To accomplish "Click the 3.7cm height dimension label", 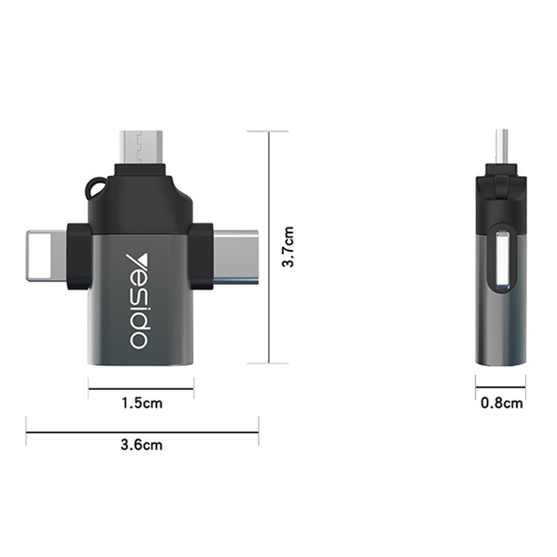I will [290, 247].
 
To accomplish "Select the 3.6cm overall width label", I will [141, 446].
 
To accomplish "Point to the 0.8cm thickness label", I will [501, 403].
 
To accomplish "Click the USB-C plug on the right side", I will [236, 256].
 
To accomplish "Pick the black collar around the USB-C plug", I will [201, 256].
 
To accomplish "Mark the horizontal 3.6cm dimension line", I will [141, 431].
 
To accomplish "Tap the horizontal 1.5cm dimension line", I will [141, 388].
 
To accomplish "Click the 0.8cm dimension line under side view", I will [501, 386].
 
